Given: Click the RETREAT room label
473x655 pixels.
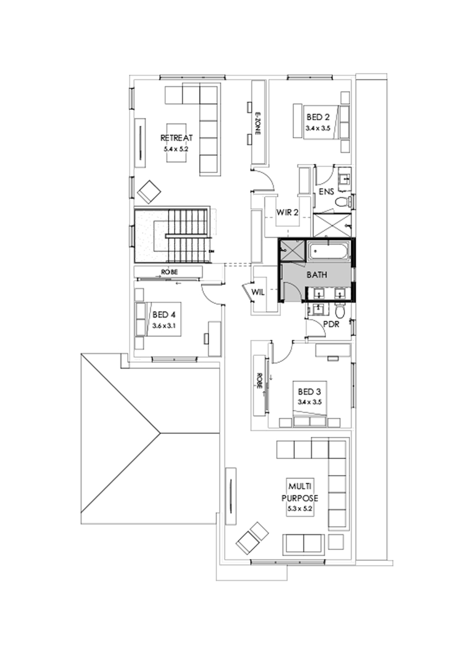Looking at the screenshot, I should pyautogui.click(x=177, y=138).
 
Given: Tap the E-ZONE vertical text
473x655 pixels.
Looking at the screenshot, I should pyautogui.click(x=258, y=124).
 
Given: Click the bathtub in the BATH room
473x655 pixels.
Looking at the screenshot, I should pyautogui.click(x=329, y=251).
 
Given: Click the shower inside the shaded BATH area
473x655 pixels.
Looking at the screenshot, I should pyautogui.click(x=292, y=250).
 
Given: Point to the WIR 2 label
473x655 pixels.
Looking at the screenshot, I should pyautogui.click(x=287, y=213).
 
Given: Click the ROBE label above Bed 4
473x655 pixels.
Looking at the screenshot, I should pyautogui.click(x=169, y=272).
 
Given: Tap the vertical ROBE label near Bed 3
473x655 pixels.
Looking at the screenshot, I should pyautogui.click(x=259, y=381).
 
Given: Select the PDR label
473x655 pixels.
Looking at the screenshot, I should pyautogui.click(x=331, y=325).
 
